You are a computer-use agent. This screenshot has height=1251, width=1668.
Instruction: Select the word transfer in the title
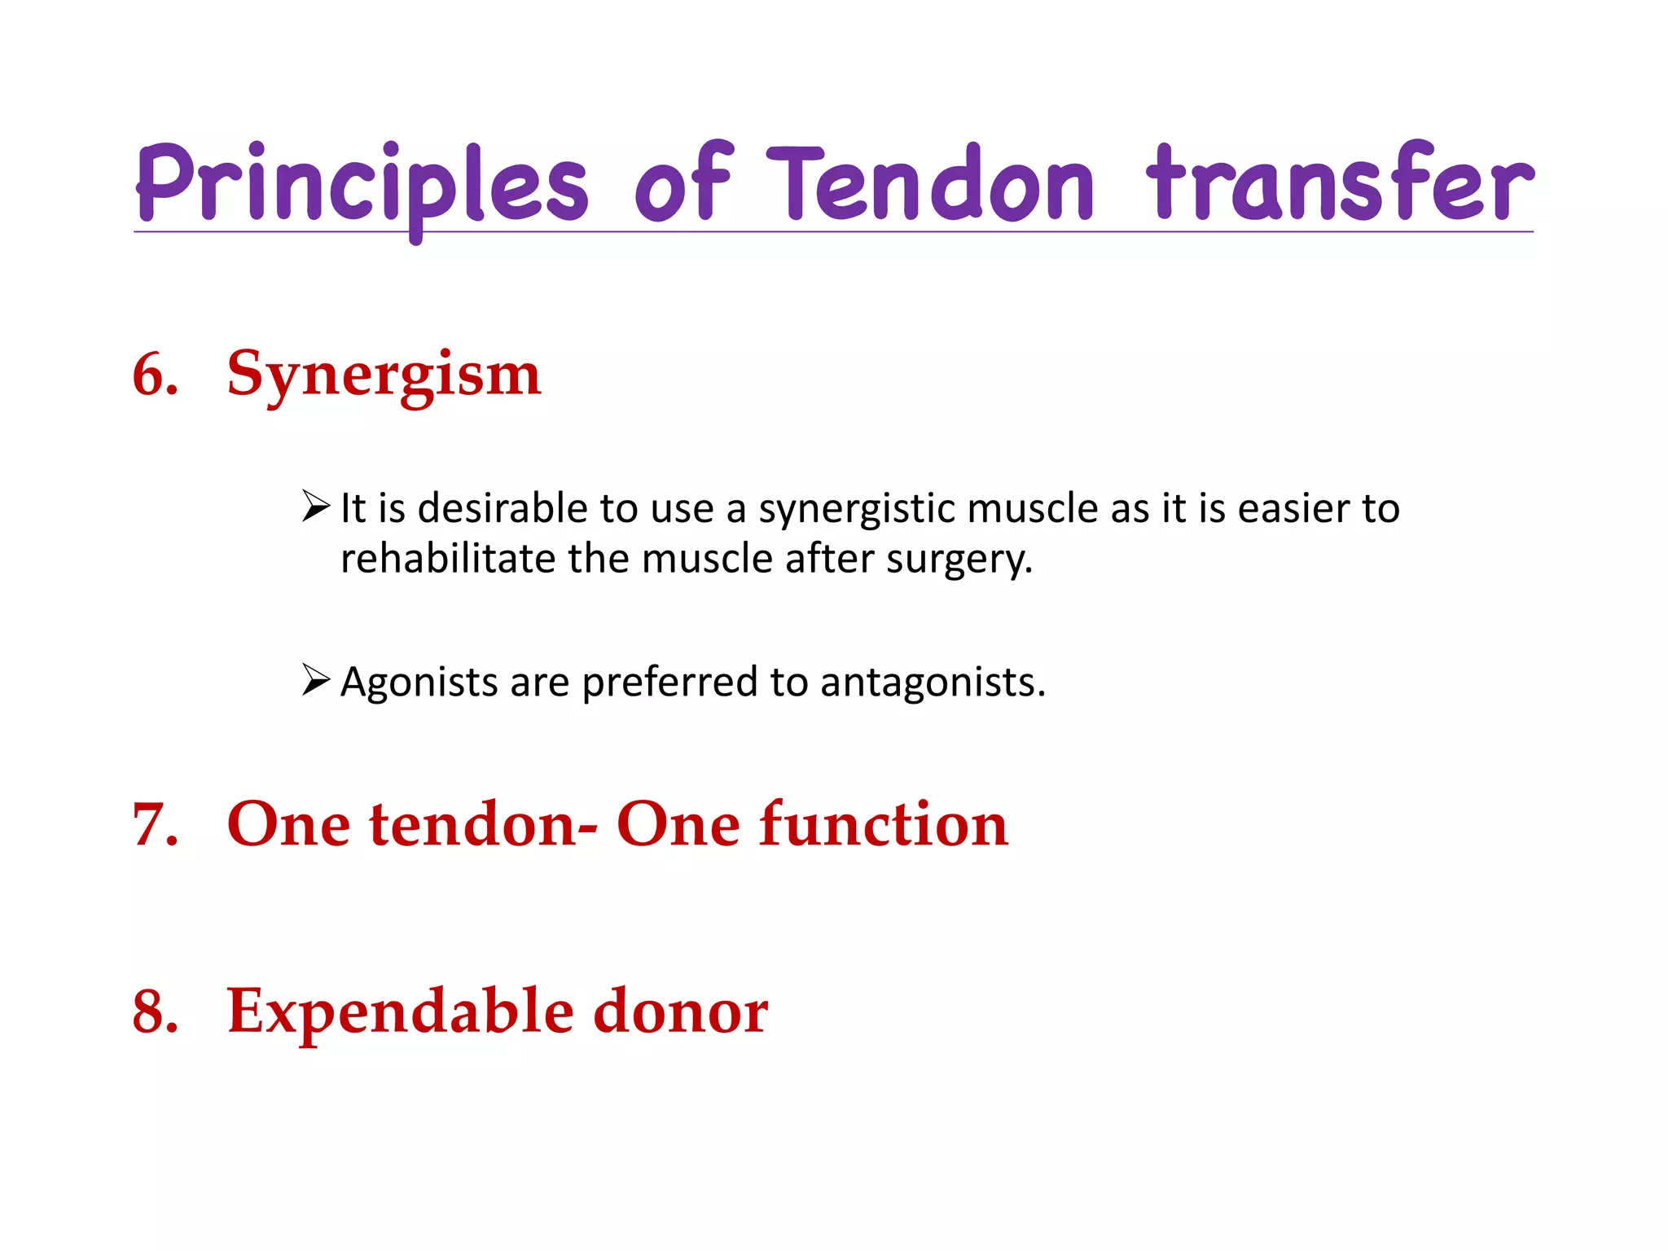(1339, 183)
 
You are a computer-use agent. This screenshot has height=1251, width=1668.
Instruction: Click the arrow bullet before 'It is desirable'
(315, 507)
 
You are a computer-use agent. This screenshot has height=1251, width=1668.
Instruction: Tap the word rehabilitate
(448, 560)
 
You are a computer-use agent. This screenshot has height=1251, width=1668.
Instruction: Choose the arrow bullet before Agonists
(315, 679)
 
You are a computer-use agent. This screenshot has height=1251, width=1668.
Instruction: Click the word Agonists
(419, 683)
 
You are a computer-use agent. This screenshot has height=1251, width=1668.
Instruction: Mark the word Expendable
(401, 1012)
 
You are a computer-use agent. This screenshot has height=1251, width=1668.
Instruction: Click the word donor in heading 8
(680, 1012)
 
